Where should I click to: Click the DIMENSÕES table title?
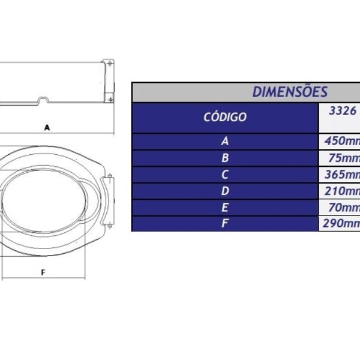coord(290,92)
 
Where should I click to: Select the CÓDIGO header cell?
coord(225,117)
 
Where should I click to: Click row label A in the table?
coord(225,142)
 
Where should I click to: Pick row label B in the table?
coord(225,158)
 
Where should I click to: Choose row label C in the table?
coord(225,175)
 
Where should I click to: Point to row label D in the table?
coord(225,191)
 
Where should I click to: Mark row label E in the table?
coord(225,208)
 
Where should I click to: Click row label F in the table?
coord(225,224)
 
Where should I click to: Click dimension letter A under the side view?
coord(46,127)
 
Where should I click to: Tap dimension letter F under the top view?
coord(43,272)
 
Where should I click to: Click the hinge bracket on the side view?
coord(109,81)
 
